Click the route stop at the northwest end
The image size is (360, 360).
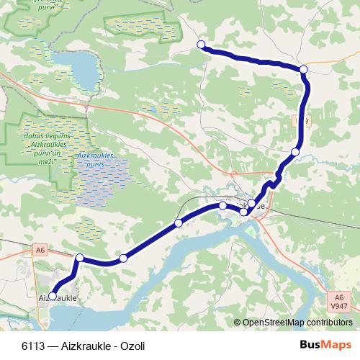(x=202, y=45)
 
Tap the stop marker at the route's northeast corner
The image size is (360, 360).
(x=304, y=69)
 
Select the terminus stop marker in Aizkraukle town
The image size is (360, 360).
(x=52, y=295)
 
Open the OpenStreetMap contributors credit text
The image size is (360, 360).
(x=297, y=322)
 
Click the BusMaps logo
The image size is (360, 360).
(x=326, y=345)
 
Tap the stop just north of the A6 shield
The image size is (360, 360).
(x=80, y=258)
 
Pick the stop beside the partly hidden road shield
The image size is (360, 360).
(x=295, y=151)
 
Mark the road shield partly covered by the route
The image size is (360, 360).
(x=304, y=121)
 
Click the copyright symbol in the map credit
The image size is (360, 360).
(x=238, y=322)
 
